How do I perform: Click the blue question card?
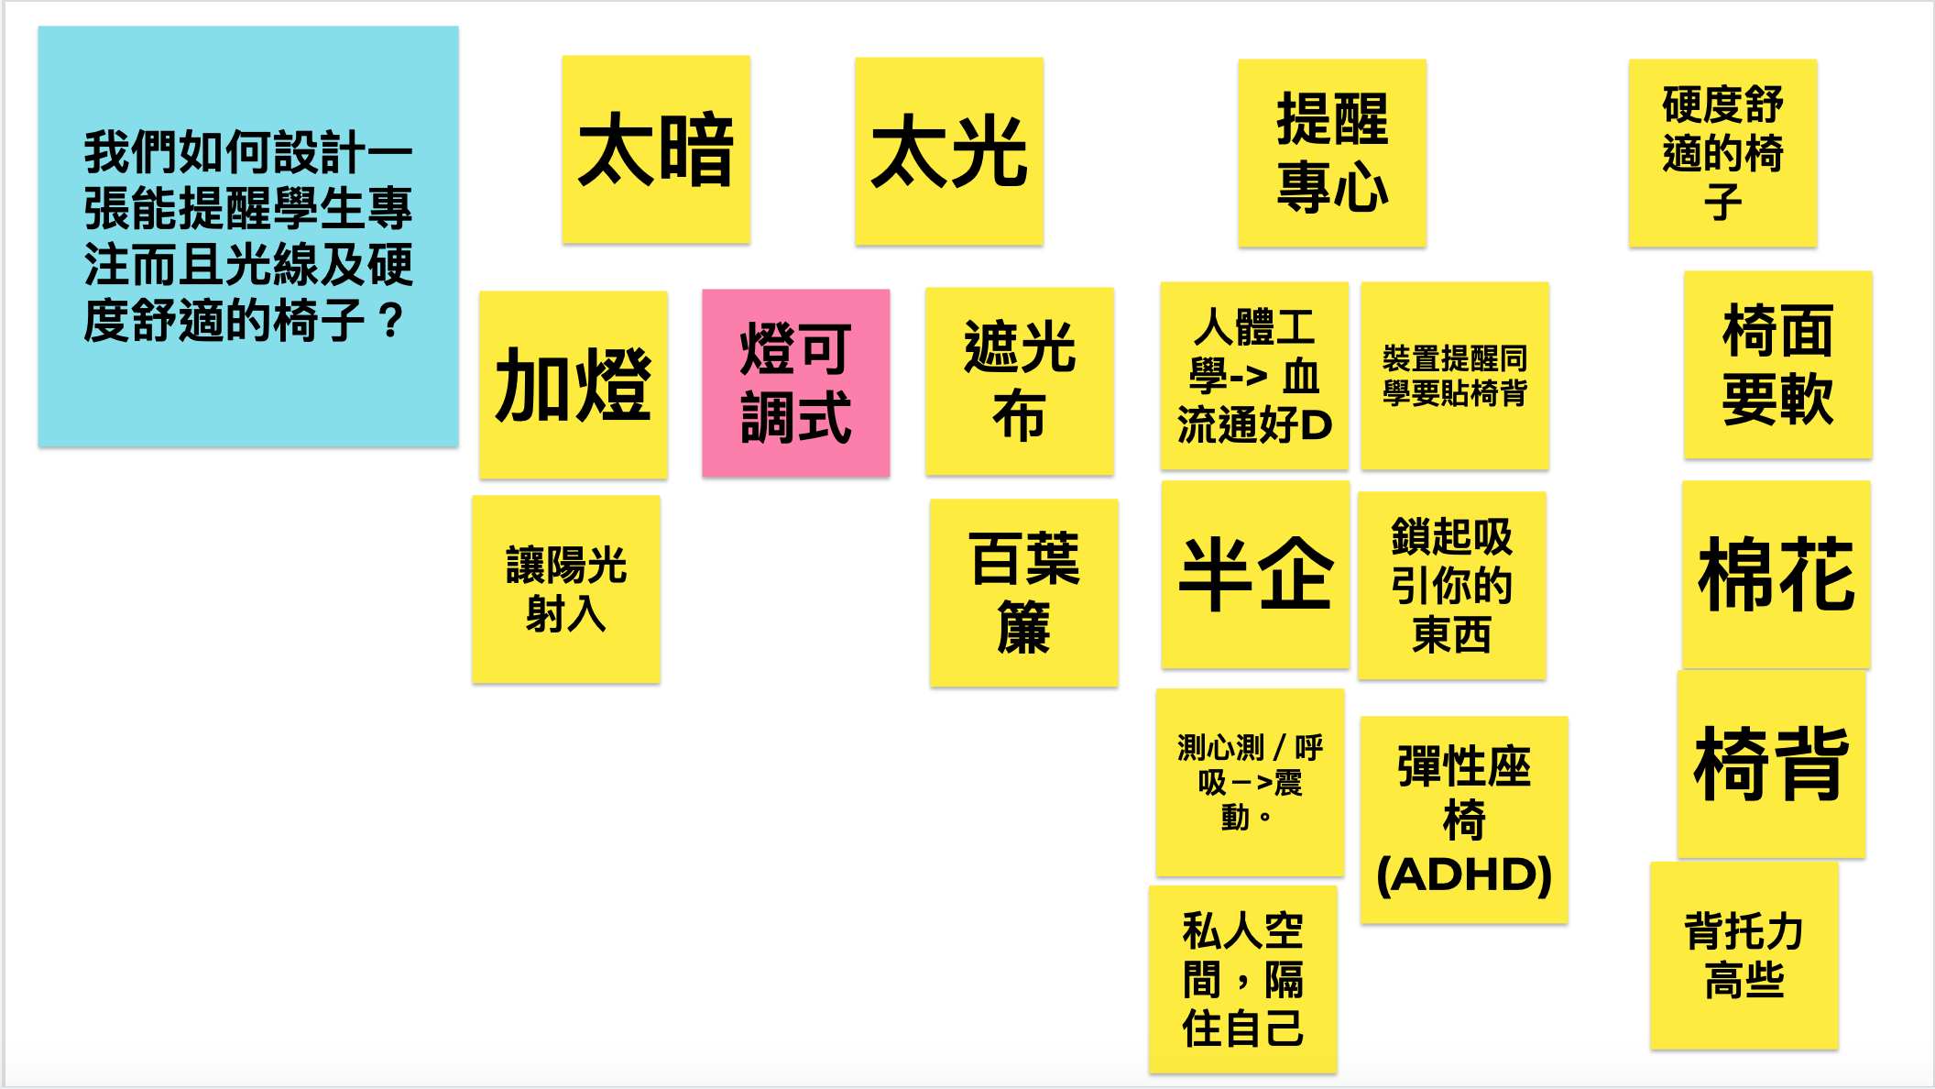point(248,236)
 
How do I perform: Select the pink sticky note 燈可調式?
point(796,383)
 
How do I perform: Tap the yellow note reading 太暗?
point(656,149)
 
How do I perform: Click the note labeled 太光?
point(949,151)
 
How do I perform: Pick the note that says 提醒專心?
point(1332,153)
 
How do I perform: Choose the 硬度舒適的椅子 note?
point(1722,153)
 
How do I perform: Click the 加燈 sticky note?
point(574,385)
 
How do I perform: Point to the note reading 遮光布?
point(1020,381)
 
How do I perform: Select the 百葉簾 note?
point(1024,593)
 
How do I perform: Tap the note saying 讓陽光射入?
point(566,589)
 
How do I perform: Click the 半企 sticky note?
point(1255,575)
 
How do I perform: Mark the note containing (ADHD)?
point(1464,819)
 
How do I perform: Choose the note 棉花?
point(1776,575)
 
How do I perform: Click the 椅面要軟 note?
point(1778,365)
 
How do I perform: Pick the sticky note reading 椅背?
point(1771,764)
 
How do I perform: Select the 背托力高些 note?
point(1744,956)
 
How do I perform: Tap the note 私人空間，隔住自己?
point(1243,980)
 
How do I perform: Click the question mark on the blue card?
point(391,322)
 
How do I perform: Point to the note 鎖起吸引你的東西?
point(1452,586)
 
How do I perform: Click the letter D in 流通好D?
point(1317,425)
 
